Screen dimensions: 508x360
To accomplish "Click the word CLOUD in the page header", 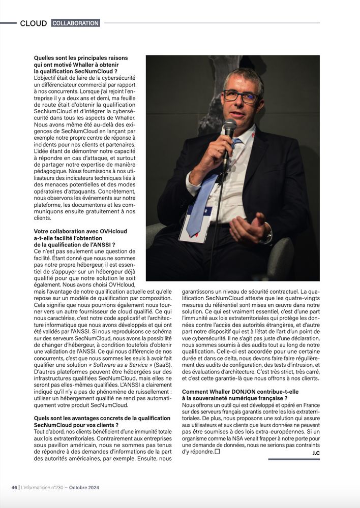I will pyautogui.click(x=33, y=23).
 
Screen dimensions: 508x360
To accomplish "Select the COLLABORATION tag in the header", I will pyautogui.click(x=75, y=23).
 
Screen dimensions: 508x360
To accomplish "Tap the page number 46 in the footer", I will pyautogui.click(x=14, y=488).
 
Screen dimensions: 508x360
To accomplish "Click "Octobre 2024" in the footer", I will pyautogui.click(x=84, y=488).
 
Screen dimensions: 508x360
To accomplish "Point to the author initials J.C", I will pyautogui.click(x=315, y=452).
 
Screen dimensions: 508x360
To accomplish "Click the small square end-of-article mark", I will pyautogui.click(x=217, y=451).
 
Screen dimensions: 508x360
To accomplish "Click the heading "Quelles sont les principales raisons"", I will pyautogui.click(x=81, y=58).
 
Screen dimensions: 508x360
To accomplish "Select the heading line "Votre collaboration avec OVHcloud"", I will pyautogui.click(x=80, y=231).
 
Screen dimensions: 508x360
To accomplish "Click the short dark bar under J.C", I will pyautogui.click(x=294, y=459).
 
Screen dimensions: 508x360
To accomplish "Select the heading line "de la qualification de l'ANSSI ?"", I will pyautogui.click(x=74, y=244).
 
